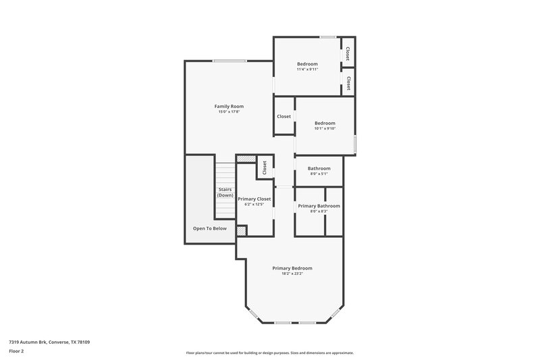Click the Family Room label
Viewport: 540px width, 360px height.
229,106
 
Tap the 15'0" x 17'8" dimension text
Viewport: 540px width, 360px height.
229,111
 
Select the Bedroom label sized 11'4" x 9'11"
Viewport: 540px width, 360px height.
307,63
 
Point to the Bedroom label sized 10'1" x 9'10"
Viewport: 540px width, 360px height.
325,123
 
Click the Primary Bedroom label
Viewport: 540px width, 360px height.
292,268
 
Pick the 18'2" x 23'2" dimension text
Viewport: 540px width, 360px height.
292,274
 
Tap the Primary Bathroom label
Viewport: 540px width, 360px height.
319,205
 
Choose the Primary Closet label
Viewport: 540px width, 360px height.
254,199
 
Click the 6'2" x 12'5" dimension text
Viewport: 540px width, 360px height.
254,205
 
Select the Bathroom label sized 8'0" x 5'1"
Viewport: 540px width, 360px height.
319,168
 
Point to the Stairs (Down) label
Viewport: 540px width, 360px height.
225,192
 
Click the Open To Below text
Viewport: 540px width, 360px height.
210,228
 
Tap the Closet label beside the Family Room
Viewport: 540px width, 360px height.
283,116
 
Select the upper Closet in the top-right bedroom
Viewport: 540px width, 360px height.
348,53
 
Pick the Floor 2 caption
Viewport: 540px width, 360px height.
17,351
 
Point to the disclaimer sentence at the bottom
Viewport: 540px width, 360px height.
269,353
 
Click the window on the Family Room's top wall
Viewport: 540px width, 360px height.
229,61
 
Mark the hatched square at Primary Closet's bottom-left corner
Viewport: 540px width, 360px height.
241,230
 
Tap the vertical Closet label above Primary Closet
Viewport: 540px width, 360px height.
265,168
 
